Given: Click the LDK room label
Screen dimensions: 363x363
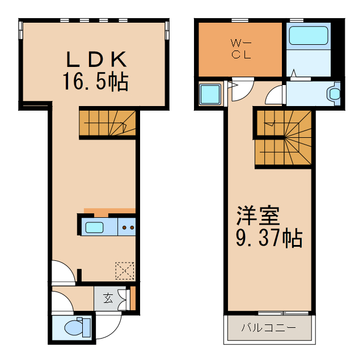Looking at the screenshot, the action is click(96, 60).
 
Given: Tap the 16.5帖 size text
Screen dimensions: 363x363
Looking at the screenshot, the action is click(96, 81).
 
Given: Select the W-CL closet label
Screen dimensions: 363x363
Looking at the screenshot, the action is click(241, 49).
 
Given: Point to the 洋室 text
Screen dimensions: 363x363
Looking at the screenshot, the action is click(258, 216).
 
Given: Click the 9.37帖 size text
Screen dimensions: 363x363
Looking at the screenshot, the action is click(269, 238).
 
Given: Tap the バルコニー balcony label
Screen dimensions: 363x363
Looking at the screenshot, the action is click(269, 328).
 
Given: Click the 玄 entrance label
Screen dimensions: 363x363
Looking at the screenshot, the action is click(108, 298).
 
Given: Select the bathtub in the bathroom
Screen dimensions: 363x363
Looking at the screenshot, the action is click(309, 35).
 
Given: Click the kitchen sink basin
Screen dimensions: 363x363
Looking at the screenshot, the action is click(95, 227).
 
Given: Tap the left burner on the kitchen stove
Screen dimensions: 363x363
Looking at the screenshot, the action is click(124, 228).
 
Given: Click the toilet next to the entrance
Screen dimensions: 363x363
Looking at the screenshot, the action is click(78, 327).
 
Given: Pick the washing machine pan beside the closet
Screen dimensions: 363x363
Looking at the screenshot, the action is click(210, 94).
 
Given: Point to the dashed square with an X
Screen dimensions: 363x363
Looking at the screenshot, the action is click(125, 271).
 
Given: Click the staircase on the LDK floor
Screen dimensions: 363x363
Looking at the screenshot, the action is click(108, 123).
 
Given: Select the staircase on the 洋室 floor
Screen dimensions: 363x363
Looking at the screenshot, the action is click(284, 137).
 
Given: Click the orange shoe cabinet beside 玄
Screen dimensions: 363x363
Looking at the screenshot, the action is click(133, 298).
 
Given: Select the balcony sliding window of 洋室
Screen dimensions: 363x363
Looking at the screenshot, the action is click(284, 313).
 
